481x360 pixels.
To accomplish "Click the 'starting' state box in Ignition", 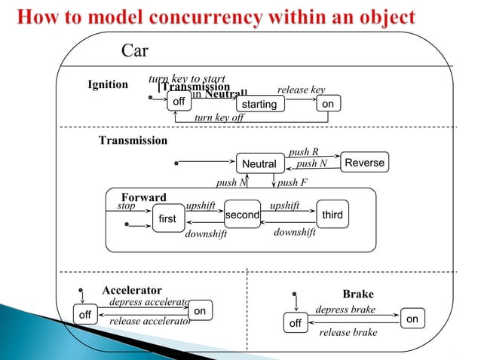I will pyautogui.click(x=259, y=105).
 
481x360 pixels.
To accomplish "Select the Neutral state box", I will pyautogui.click(x=258, y=163).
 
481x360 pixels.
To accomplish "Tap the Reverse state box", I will pyautogui.click(x=365, y=163).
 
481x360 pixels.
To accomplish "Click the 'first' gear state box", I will pyautogui.click(x=167, y=218).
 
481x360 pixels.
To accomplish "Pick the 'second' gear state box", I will pyautogui.click(x=242, y=215).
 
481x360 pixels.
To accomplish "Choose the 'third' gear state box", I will pyautogui.click(x=332, y=215).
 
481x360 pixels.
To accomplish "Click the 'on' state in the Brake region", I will pyautogui.click(x=412, y=319).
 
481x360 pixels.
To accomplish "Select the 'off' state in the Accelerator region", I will pyautogui.click(x=84, y=315).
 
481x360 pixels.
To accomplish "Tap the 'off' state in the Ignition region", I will pyautogui.click(x=179, y=102).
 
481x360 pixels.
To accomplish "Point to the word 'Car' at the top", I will pyautogui.click(x=135, y=52).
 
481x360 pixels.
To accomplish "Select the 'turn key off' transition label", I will pyautogui.click(x=219, y=117).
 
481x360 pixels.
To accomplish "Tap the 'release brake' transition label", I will pyautogui.click(x=348, y=331).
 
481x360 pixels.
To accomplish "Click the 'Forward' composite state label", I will pyautogui.click(x=144, y=198).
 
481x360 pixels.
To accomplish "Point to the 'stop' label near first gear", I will pyautogui.click(x=127, y=204).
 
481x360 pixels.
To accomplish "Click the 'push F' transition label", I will pyautogui.click(x=292, y=182).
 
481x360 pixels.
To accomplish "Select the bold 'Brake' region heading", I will pyautogui.click(x=358, y=294).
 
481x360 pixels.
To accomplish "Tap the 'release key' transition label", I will pyautogui.click(x=301, y=90).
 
